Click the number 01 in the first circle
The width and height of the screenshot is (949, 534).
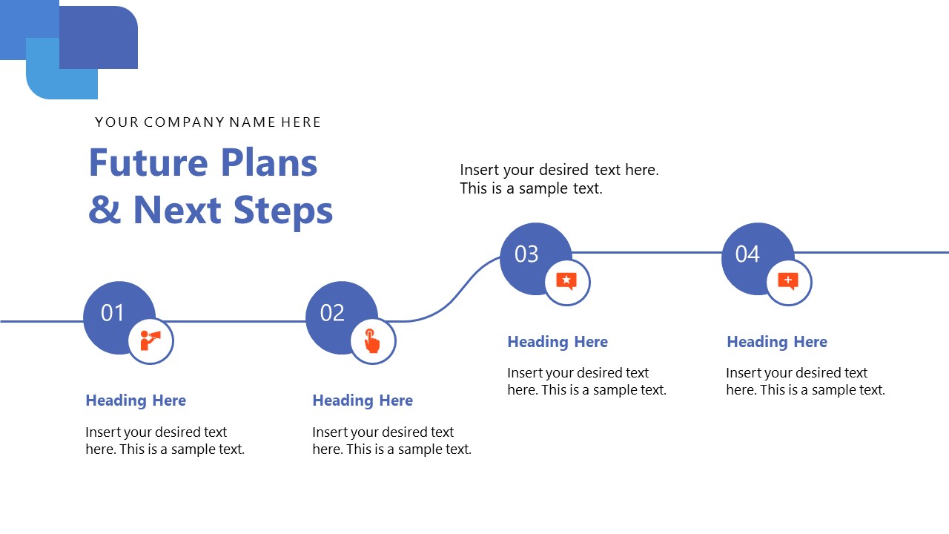pos(112,313)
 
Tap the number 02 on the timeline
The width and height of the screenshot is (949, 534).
pos(332,313)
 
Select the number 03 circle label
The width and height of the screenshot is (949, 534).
pos(526,254)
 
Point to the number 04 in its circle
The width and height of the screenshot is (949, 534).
pos(747,254)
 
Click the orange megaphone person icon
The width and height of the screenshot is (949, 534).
pos(151,340)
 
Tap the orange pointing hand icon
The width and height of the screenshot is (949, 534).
pos(372,340)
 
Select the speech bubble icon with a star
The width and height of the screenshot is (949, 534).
pos(566,281)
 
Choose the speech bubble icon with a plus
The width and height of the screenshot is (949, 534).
pos(788,281)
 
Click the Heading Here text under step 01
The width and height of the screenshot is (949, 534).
pos(136,400)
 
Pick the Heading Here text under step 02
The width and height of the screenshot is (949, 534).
pos(363,400)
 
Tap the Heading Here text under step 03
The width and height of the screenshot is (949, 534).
pos(558,342)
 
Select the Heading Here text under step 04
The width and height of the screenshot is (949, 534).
pos(777,342)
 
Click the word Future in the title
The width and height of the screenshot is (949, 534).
pos(148,162)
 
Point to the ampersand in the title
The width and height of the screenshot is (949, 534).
pos(105,209)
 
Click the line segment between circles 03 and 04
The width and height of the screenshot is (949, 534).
pos(647,253)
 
